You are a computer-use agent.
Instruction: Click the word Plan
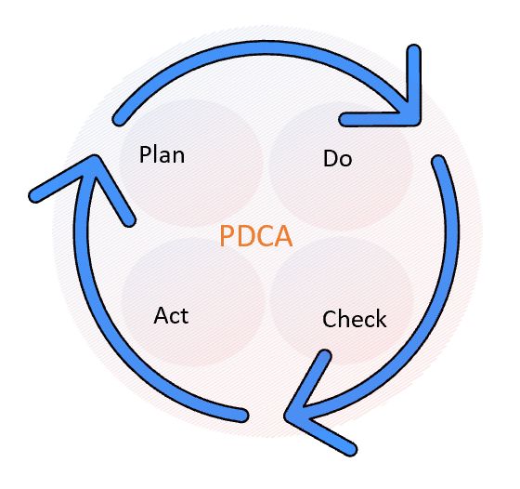click(162, 154)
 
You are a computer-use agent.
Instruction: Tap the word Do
click(337, 158)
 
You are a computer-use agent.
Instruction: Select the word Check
click(354, 319)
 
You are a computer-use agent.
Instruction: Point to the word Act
click(171, 315)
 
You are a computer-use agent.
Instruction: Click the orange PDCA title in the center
click(256, 236)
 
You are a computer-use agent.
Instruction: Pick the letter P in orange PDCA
click(227, 236)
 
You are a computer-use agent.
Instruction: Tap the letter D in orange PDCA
click(246, 236)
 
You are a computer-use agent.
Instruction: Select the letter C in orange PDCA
click(265, 236)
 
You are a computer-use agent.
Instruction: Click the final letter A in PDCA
click(284, 236)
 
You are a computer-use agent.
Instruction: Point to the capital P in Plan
click(145, 154)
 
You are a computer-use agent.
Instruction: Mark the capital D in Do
click(331, 158)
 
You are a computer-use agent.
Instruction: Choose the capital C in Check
click(330, 319)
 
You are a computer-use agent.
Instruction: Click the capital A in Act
click(162, 315)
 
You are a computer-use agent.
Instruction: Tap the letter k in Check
click(381, 319)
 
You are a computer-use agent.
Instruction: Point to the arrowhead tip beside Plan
click(95, 159)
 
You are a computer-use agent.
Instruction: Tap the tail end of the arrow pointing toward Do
click(119, 120)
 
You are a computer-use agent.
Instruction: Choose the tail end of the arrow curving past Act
click(242, 416)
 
